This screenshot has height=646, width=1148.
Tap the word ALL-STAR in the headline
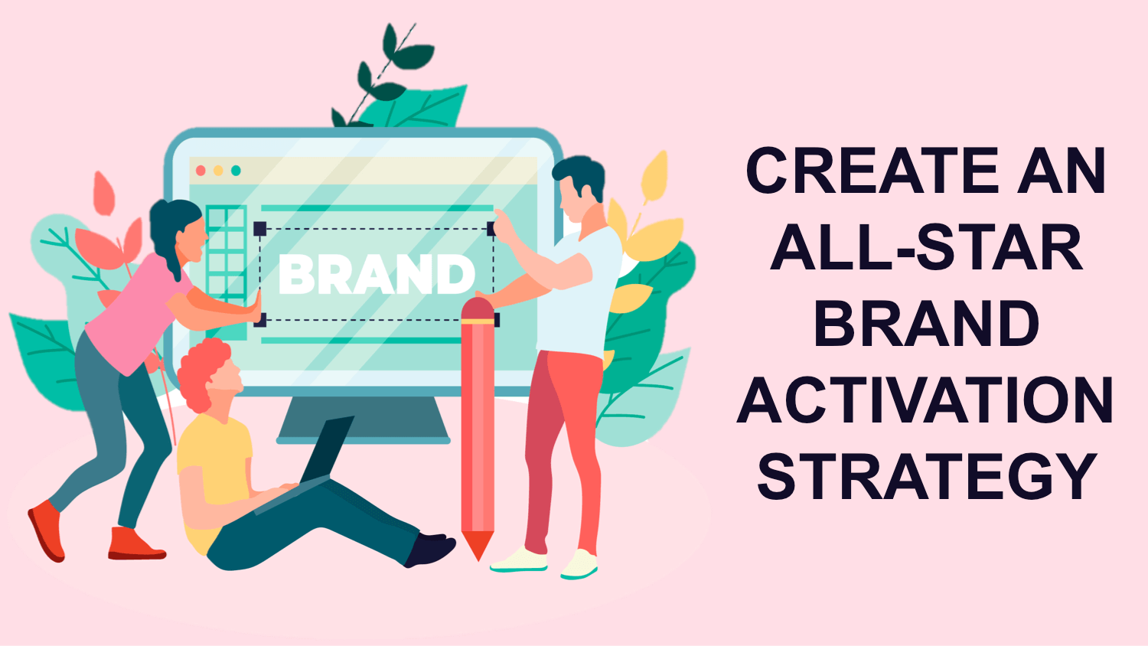point(926,247)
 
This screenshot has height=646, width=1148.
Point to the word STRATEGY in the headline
point(926,476)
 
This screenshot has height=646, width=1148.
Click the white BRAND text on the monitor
point(377,274)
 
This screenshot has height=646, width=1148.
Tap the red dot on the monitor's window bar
point(201,171)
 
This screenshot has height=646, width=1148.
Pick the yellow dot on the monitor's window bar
point(218,171)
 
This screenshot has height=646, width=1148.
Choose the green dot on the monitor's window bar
point(236,171)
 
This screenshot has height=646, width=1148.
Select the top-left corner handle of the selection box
point(259,228)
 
